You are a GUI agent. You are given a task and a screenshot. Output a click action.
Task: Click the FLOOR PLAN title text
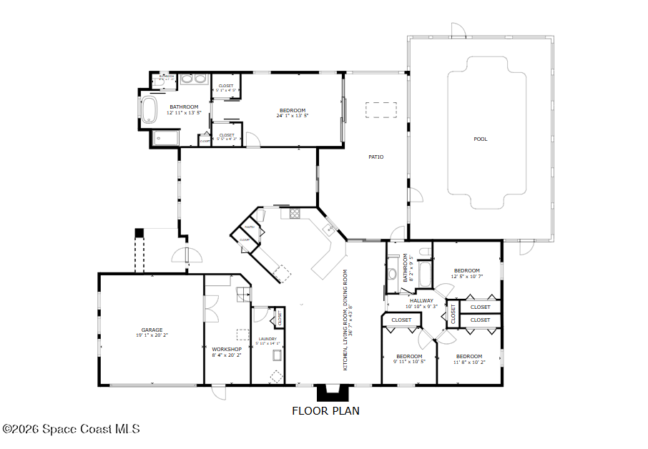click(325, 411)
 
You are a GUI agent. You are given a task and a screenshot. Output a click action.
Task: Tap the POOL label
click(481, 139)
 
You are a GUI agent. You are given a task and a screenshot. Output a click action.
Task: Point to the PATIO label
click(376, 157)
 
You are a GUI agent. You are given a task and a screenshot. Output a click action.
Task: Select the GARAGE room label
click(152, 330)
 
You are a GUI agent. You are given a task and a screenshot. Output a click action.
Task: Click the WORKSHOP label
click(227, 349)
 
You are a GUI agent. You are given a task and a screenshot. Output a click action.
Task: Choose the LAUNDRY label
click(267, 339)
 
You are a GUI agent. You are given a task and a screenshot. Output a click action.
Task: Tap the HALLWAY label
click(422, 300)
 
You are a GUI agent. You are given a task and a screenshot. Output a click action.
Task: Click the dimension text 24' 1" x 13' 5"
click(293, 116)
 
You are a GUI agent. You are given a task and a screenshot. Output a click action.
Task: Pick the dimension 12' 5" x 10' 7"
click(467, 277)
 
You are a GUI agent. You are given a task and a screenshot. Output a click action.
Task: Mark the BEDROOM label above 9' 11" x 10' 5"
click(409, 356)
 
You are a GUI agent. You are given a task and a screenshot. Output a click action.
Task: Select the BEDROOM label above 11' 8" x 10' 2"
click(469, 356)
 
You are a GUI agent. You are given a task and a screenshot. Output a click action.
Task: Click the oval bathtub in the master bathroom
click(149, 110)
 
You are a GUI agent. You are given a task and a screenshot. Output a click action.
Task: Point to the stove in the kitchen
click(295, 212)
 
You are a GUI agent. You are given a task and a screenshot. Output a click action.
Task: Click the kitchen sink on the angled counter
click(329, 229)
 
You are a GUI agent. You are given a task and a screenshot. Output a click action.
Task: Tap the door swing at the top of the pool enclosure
click(458, 30)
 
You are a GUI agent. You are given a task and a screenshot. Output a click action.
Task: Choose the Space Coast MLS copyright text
click(71, 429)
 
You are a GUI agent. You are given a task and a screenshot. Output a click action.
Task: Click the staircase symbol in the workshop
click(243, 292)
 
